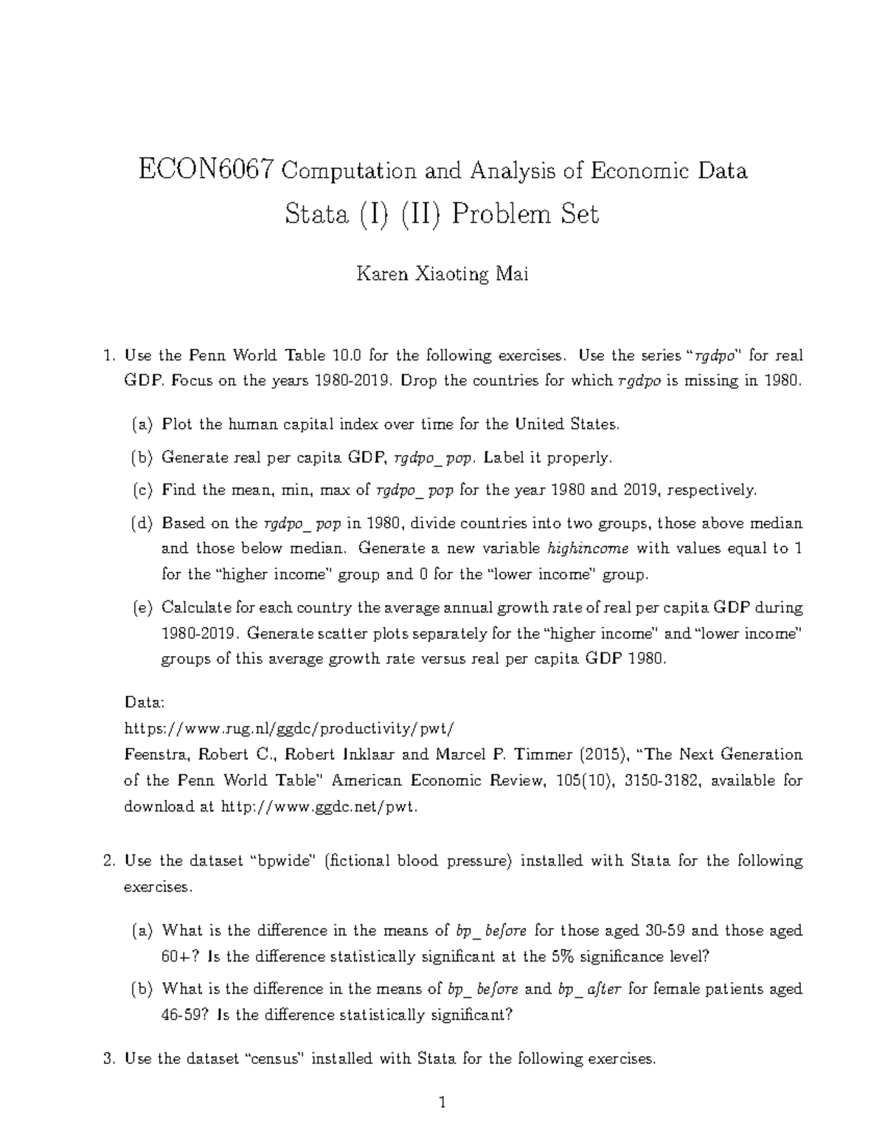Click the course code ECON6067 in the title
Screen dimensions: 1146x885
pos(206,170)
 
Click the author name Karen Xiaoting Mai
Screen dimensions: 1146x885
pos(442,275)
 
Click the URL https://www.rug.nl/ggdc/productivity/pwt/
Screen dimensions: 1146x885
pos(290,728)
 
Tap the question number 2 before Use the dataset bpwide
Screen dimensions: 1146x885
pos(108,861)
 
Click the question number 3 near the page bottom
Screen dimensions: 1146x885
pos(108,1059)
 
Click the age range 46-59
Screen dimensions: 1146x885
pos(180,1015)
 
